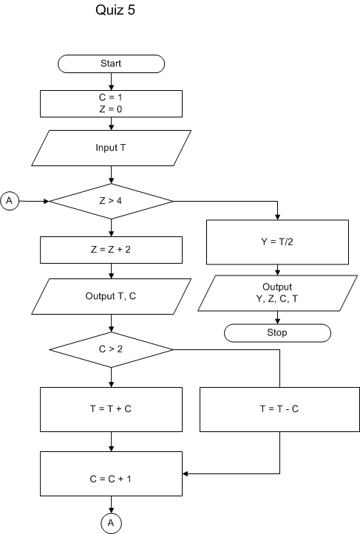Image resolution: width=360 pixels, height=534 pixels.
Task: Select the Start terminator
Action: (x=111, y=64)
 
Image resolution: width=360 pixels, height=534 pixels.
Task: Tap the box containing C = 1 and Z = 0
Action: (x=111, y=103)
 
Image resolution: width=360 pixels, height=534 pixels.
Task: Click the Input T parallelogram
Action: (x=111, y=148)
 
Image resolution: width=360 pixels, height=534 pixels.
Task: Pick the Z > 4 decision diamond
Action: (x=111, y=200)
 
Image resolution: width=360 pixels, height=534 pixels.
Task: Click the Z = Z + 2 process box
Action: (x=111, y=250)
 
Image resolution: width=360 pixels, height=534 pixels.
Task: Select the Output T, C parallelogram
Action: (x=111, y=296)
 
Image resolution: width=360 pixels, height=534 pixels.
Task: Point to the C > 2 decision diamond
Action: (x=111, y=349)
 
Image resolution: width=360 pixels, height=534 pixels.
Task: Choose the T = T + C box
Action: (x=111, y=408)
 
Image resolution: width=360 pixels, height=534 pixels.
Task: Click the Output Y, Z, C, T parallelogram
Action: (x=277, y=292)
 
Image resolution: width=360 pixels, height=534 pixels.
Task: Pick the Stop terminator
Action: (x=277, y=332)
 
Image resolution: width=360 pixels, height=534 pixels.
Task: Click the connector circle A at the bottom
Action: (x=111, y=521)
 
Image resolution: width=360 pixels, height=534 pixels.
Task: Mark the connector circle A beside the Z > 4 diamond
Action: (x=10, y=200)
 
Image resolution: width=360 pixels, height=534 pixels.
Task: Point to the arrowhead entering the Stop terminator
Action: (x=277, y=321)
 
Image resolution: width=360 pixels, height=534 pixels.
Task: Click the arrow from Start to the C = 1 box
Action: (x=111, y=81)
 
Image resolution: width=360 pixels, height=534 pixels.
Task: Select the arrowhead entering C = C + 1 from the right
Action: (x=186, y=473)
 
